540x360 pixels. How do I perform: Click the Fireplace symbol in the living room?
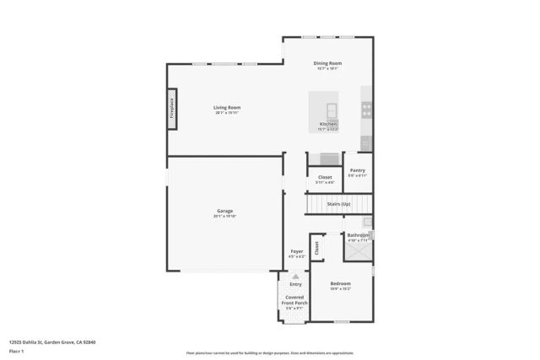tap(172, 110)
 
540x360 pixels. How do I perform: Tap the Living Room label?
tap(227, 107)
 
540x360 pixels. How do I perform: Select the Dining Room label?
tap(327, 63)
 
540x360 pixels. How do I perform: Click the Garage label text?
tap(224, 211)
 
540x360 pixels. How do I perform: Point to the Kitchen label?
tap(328, 124)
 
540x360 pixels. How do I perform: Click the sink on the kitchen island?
tap(332, 109)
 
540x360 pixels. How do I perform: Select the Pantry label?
tap(358, 169)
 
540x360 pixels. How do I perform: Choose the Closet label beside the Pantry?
tap(325, 177)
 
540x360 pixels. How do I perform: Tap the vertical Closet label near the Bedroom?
tap(317, 248)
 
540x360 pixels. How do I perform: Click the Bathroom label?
tap(359, 234)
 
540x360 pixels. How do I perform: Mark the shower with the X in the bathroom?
tap(358, 251)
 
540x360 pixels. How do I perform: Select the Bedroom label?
tap(340, 283)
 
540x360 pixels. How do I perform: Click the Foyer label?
tap(296, 251)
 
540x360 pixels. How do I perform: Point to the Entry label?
tap(295, 284)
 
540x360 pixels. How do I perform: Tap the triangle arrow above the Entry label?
tap(295, 276)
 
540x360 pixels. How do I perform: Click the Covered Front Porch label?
tap(295, 300)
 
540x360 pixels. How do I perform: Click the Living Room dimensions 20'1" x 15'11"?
tap(227, 113)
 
